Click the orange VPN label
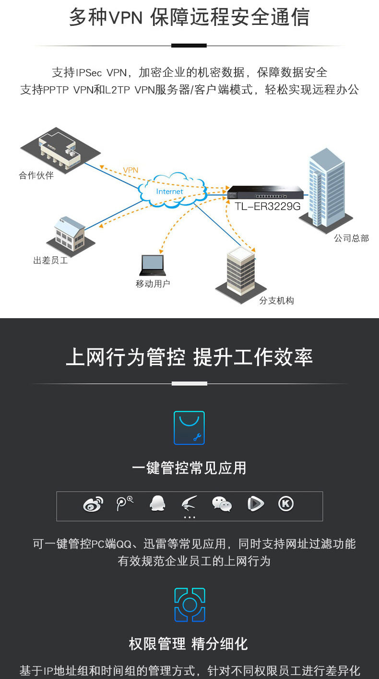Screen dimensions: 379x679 (x=130, y=170)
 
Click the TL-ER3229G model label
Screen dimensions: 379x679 (x=268, y=207)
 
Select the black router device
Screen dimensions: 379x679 (x=265, y=192)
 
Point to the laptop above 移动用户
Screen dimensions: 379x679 (x=153, y=265)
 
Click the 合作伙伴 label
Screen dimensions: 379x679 (x=36, y=175)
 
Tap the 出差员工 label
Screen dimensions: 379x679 (x=51, y=260)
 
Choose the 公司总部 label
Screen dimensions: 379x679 (x=351, y=238)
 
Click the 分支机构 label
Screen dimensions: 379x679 (x=276, y=300)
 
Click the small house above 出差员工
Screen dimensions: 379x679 (x=71, y=235)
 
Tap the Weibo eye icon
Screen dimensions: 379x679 (x=93, y=504)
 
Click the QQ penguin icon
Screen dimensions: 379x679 (x=157, y=504)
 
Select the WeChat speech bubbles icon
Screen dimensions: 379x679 (x=222, y=504)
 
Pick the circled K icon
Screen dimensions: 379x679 (x=286, y=504)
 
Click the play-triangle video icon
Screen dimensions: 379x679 (x=255, y=504)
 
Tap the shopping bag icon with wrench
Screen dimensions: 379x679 (x=189, y=428)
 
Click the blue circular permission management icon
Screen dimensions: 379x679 (x=189, y=605)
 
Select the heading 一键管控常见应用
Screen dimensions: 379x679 (x=189, y=468)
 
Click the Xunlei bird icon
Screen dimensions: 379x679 (x=189, y=503)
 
